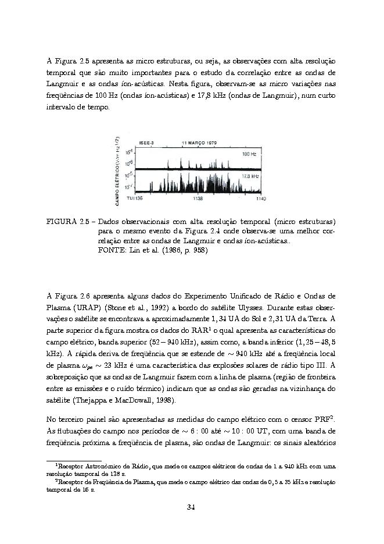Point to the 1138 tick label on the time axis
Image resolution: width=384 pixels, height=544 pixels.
198,199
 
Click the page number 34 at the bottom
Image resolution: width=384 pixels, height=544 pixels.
191,507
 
